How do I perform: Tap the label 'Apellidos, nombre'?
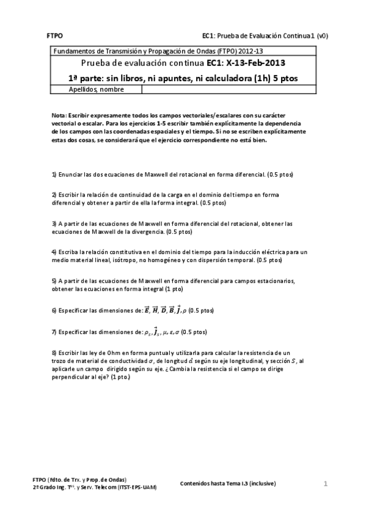click(x=97, y=90)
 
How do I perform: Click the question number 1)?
click(x=54, y=174)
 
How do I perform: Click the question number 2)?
click(x=54, y=194)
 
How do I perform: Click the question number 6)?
click(x=54, y=310)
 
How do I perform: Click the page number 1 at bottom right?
click(x=326, y=484)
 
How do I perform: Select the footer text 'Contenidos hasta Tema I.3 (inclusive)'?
click(x=228, y=483)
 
